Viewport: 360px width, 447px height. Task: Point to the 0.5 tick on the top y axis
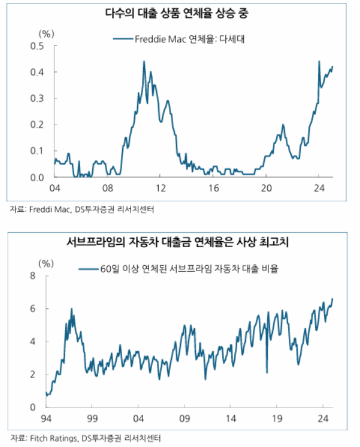click(37, 46)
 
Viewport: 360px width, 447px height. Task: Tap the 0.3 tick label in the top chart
click(37, 98)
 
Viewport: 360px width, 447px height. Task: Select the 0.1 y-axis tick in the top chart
click(37, 151)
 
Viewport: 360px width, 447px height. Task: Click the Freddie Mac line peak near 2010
click(144, 61)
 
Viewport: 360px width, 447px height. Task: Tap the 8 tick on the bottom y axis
click(34, 276)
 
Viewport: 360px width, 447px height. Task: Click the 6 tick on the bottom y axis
click(34, 309)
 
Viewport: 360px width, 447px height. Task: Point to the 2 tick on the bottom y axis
click(34, 375)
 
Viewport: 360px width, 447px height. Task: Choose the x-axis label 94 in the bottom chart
click(46, 418)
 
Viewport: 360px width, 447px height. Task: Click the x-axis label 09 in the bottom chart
click(184, 418)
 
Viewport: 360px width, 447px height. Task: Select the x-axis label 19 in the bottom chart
click(277, 418)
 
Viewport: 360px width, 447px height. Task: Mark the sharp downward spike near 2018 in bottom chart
click(267, 372)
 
